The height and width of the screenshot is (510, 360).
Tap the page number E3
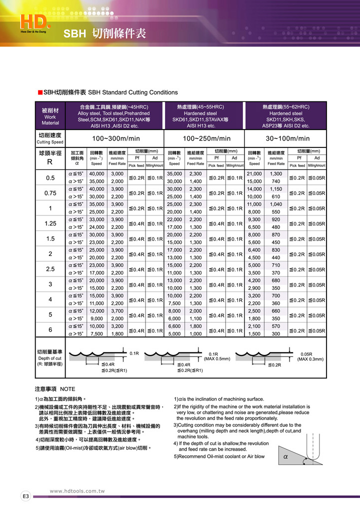25,496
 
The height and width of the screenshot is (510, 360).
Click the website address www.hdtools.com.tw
77,491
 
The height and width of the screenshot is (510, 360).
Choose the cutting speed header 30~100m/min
287,138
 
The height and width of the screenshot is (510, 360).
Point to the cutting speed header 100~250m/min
206,138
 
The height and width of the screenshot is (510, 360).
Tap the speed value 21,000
254,173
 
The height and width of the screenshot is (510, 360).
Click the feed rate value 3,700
117,311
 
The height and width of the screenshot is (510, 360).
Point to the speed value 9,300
254,219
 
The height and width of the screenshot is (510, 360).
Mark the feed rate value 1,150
276,189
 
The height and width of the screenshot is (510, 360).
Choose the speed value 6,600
174,326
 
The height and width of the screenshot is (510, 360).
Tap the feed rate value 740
276,181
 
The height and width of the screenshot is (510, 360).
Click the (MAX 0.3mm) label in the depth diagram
310,359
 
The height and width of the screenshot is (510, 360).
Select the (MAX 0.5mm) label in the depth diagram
216,359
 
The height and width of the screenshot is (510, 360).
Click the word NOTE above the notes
67,388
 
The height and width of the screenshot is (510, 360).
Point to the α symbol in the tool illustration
285,456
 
